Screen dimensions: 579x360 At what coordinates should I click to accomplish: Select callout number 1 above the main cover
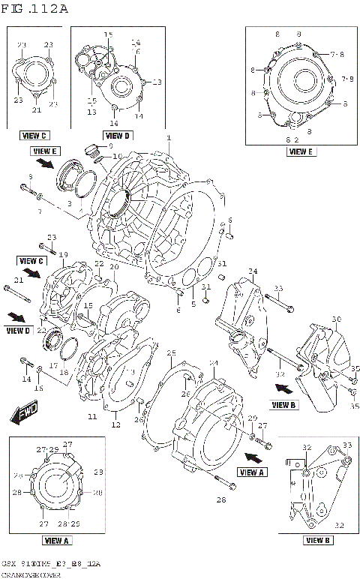click(169, 137)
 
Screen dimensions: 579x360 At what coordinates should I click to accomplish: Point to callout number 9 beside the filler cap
click(109, 145)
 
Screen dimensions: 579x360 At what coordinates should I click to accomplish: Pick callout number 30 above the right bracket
click(336, 319)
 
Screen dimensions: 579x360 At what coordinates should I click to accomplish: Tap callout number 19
click(64, 254)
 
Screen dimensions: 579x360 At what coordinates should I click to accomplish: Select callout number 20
click(114, 267)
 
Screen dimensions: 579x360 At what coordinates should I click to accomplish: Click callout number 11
click(91, 416)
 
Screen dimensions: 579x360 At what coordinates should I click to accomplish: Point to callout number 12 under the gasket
click(115, 425)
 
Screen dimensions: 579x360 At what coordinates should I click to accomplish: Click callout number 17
click(52, 366)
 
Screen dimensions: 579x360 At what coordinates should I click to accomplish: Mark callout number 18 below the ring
click(63, 373)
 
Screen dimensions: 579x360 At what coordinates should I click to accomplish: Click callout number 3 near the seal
click(70, 203)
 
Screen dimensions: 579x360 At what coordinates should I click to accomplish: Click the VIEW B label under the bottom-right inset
click(318, 540)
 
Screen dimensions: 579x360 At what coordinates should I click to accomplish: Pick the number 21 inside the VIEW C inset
click(35, 110)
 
